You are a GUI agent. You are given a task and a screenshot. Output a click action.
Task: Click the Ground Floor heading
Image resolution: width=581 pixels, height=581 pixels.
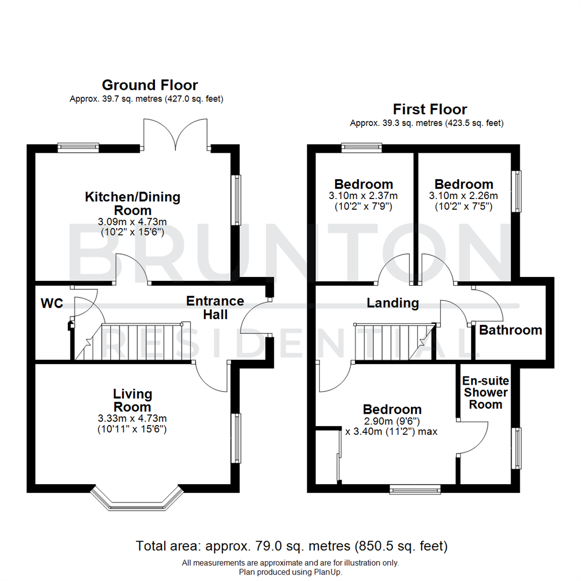point(150,85)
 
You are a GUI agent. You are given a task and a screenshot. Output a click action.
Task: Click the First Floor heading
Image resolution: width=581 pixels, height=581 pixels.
point(430,109)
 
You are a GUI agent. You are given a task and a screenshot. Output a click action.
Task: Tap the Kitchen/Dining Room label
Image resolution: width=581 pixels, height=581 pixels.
point(133,203)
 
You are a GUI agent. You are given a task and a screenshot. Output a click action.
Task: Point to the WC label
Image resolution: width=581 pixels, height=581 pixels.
point(52,303)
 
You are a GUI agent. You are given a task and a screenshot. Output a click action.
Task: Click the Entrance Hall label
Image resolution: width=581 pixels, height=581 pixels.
point(215,307)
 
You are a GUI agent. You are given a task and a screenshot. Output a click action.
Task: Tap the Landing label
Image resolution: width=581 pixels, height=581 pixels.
point(393,303)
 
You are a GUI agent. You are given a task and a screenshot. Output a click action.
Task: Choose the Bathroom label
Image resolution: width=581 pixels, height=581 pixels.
point(511,330)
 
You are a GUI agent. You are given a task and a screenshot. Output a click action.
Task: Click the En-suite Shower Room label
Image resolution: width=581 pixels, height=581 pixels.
point(485,393)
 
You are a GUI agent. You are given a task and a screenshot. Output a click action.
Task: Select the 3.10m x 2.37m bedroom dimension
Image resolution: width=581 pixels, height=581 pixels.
point(364,196)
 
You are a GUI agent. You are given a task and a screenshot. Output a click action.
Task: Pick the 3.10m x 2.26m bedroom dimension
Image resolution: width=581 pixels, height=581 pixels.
point(464,196)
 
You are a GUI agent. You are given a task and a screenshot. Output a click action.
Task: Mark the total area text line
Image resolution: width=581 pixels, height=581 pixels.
point(292,547)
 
